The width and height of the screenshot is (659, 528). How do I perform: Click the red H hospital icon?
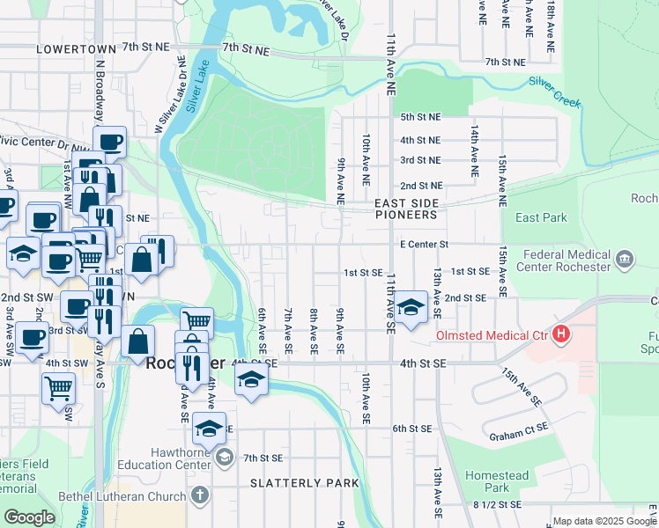coord(560,334)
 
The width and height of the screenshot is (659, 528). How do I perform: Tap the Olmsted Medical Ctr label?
coord(490,335)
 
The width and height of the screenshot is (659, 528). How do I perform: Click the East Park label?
coord(541,217)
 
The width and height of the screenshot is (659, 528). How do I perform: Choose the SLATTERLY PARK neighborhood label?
coord(304,483)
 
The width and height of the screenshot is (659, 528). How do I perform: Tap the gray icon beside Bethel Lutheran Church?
coord(200,495)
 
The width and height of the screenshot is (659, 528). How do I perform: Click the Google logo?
coord(29,517)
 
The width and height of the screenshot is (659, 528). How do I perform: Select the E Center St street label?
coord(425,244)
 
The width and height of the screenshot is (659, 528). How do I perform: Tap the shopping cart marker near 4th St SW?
coord(58,387)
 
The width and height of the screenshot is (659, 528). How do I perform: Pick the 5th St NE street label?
coord(420,116)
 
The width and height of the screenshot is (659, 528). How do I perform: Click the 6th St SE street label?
coord(411,428)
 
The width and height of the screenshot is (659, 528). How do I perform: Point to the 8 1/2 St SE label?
coord(498,504)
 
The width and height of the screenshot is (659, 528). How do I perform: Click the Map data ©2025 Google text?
coord(604,521)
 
